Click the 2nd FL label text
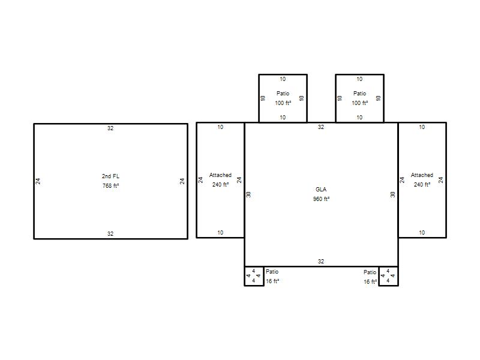110,176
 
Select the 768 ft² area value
110,186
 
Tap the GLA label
321,189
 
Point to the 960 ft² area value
321,199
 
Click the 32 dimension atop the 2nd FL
110,128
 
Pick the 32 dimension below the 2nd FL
110,234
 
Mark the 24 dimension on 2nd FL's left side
38,181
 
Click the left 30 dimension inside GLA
248,194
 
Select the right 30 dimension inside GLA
393,194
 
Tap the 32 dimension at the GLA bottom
321,262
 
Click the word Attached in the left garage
220,175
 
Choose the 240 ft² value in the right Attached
422,185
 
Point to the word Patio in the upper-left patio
283,94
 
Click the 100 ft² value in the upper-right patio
359,103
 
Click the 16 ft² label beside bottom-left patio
272,281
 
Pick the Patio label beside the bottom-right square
370,272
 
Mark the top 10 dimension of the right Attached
422,127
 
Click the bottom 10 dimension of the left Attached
220,233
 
